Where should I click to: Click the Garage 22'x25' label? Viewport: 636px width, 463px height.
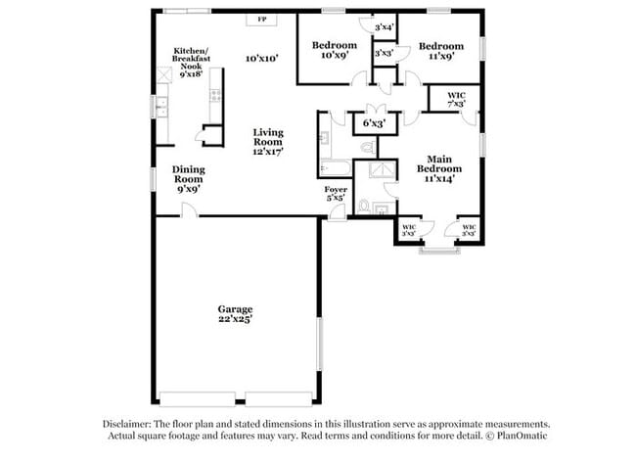click(235, 314)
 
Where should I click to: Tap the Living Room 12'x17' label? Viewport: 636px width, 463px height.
click(268, 143)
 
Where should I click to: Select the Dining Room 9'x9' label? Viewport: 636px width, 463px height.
click(189, 179)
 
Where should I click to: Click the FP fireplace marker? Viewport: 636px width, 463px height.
click(262, 19)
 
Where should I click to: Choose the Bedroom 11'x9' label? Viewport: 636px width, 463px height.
click(440, 51)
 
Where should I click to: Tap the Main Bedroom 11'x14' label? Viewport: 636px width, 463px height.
click(441, 168)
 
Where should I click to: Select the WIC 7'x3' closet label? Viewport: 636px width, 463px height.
click(456, 99)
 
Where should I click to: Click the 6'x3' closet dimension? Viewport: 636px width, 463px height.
click(374, 124)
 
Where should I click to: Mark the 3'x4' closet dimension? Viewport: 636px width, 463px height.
click(385, 27)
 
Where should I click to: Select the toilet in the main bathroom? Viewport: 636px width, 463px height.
click(364, 206)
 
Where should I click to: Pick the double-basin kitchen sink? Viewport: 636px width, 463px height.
click(159, 105)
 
